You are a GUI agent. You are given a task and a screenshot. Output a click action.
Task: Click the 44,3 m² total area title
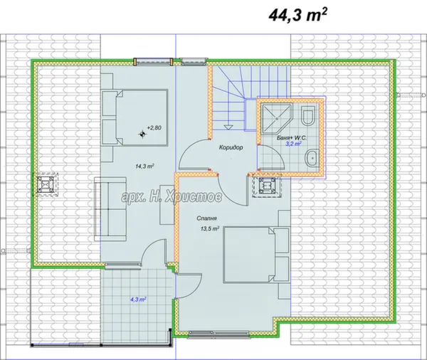pyautogui.click(x=297, y=15)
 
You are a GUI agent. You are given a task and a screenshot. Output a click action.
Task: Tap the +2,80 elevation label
pyautogui.click(x=154, y=128)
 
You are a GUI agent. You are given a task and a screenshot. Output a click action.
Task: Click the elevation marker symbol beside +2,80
pyautogui.click(x=142, y=134)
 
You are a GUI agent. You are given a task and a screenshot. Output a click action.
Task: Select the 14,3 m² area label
pyautogui.click(x=145, y=166)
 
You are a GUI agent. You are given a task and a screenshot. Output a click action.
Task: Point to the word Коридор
pyautogui.click(x=231, y=147)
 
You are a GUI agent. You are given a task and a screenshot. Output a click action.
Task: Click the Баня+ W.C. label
pyautogui.click(x=291, y=138)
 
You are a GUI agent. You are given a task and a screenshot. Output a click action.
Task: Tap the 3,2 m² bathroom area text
pyautogui.click(x=293, y=144)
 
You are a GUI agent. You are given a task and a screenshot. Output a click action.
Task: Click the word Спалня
pyautogui.click(x=206, y=218)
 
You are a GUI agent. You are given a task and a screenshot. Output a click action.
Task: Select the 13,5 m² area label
pyautogui.click(x=210, y=229)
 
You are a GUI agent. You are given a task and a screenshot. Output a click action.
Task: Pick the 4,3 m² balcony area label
pyautogui.click(x=138, y=300)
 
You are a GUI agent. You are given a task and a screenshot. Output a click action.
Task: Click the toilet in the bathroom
pyautogui.click(x=309, y=116)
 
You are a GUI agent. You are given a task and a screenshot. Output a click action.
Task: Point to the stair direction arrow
pyautogui.click(x=228, y=127)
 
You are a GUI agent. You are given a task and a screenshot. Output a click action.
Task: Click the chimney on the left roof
pyautogui.click(x=46, y=184)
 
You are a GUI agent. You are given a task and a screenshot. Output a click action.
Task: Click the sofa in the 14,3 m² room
pyautogui.click(x=110, y=209)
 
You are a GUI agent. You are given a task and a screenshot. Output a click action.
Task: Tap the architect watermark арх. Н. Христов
pyautogui.click(x=172, y=196)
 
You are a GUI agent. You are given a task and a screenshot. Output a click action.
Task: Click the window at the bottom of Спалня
pyautogui.click(x=218, y=334)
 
